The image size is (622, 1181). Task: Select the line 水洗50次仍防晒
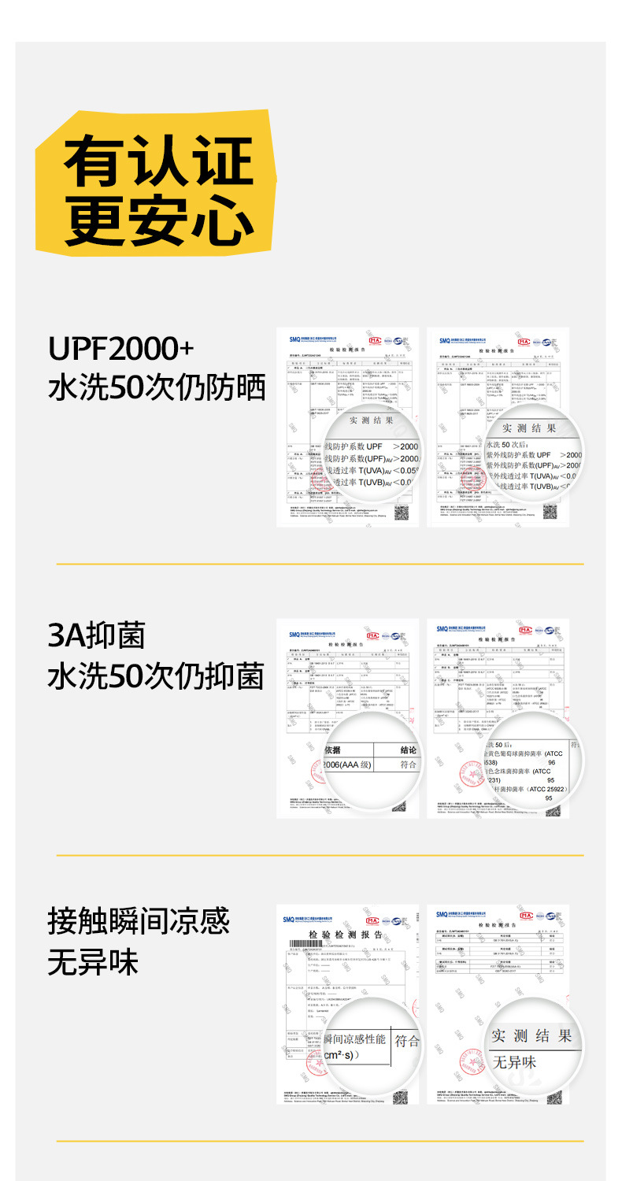157,387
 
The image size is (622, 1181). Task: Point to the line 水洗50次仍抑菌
156,676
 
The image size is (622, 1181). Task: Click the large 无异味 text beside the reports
93,962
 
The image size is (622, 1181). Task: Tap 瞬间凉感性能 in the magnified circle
355,1040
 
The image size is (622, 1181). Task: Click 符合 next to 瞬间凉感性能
407,1041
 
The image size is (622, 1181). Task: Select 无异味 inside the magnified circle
515,1062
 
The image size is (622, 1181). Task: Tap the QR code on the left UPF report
402,513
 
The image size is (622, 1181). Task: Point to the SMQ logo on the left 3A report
296,634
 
